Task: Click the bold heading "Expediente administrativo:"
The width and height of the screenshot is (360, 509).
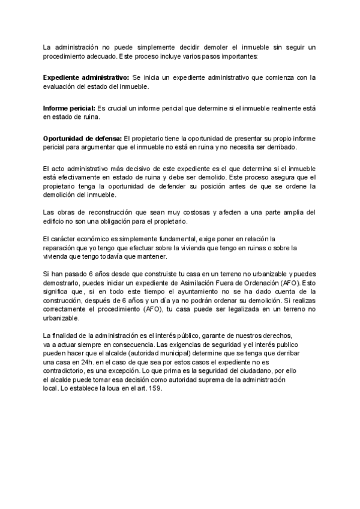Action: point(86,77)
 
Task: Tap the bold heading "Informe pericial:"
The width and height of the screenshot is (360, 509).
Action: point(69,108)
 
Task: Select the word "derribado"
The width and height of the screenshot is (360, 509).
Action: point(281,147)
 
